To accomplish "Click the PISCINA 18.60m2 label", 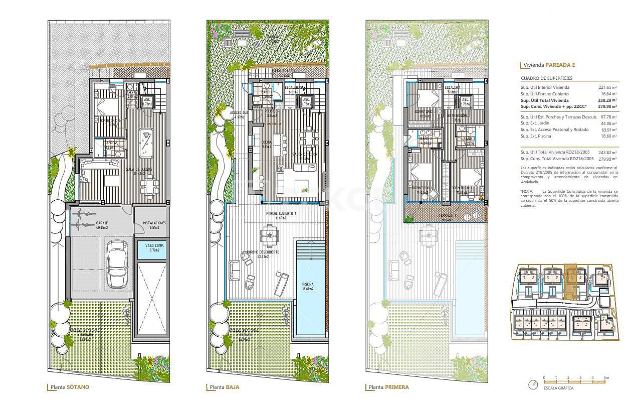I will click(307, 286).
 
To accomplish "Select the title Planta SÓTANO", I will click(70, 387).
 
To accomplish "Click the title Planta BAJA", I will click(225, 387).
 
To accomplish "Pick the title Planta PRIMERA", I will click(388, 387).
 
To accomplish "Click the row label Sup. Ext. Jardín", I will click(536, 123).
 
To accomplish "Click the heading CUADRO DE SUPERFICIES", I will click(546, 78).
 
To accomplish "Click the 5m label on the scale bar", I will click(605, 377).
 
